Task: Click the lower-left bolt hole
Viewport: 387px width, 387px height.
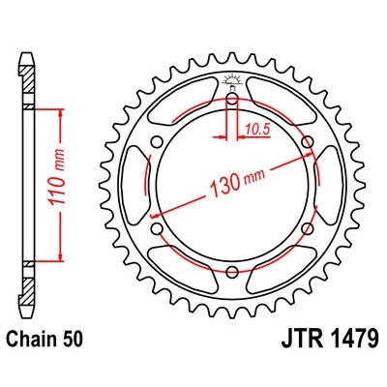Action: coord(158,228)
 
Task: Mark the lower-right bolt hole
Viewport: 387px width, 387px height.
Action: coord(309,228)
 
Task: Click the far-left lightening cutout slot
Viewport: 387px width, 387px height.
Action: coord(135,185)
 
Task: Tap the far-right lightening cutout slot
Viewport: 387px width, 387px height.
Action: coord(331,185)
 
